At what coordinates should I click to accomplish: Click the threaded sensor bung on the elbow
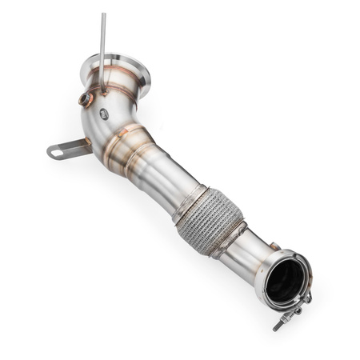click(84, 99)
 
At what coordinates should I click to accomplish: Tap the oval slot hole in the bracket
click(58, 150)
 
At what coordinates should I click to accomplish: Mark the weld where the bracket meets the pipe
click(89, 146)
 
